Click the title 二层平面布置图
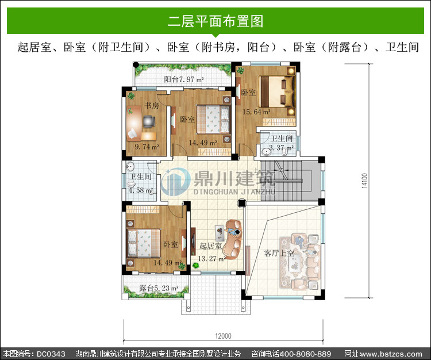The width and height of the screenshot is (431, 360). [x=215, y=21]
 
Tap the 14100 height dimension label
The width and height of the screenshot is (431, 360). [x=364, y=181]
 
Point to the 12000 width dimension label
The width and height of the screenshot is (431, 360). [x=223, y=336]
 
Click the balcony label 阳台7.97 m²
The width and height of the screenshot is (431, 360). [x=184, y=79]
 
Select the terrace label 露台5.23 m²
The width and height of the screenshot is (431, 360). [x=159, y=288]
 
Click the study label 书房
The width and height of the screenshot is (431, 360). [x=152, y=105]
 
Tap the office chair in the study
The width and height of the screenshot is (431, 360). [x=149, y=122]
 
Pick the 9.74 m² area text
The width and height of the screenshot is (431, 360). [x=147, y=147]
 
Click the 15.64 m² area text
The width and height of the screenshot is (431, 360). [x=256, y=112]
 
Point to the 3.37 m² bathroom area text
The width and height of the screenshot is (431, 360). [x=281, y=148]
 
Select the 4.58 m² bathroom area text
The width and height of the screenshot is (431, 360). [x=141, y=190]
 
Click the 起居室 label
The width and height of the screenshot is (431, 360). [x=210, y=246]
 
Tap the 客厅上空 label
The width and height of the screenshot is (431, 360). [x=279, y=252]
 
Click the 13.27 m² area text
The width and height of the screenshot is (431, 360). [x=212, y=259]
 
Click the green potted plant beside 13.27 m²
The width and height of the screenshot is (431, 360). [x=196, y=265]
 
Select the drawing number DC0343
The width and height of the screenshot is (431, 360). [x=51, y=354]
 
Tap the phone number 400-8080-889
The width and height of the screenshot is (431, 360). [x=305, y=354]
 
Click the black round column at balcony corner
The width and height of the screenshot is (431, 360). [x=136, y=65]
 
